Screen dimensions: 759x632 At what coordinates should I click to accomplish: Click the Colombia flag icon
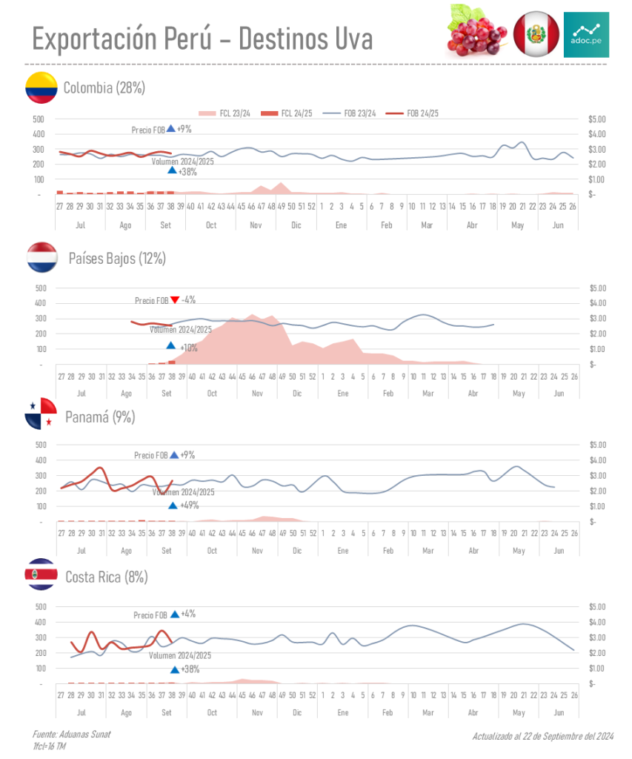point(41,87)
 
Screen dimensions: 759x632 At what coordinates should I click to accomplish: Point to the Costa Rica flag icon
point(41,574)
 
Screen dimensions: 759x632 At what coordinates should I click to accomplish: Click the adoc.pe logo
point(586,34)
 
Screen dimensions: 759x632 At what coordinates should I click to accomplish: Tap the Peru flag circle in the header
point(536,34)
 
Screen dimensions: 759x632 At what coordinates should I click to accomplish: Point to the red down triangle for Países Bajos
point(175,300)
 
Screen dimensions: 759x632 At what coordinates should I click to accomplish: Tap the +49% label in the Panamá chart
point(189,506)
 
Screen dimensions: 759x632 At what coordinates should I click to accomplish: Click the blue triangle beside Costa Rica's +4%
point(175,614)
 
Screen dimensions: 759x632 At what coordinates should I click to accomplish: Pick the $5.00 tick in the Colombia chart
point(596,119)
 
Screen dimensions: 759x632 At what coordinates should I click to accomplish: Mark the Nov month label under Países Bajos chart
point(258,393)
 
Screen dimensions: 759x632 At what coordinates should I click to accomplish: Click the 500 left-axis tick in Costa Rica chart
point(40,606)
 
